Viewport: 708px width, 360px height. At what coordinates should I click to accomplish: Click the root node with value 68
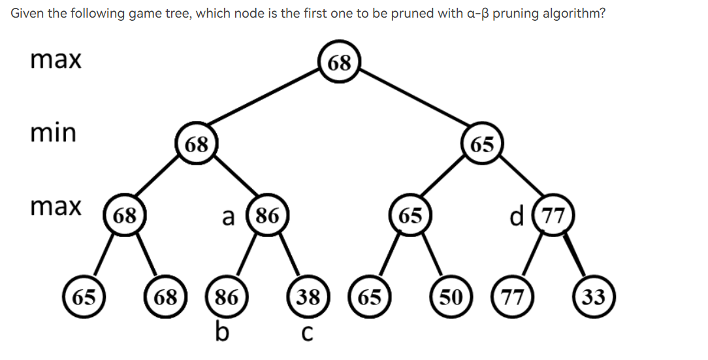(x=340, y=63)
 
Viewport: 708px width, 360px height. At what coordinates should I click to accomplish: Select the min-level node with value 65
(x=482, y=144)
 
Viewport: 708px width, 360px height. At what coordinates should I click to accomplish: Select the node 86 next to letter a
(x=266, y=215)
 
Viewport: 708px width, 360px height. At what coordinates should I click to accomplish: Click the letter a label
(x=229, y=216)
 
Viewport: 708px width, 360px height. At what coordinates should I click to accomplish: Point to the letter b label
(x=223, y=332)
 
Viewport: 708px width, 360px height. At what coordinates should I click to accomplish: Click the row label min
(x=54, y=133)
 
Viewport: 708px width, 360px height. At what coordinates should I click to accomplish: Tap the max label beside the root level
(x=56, y=60)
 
